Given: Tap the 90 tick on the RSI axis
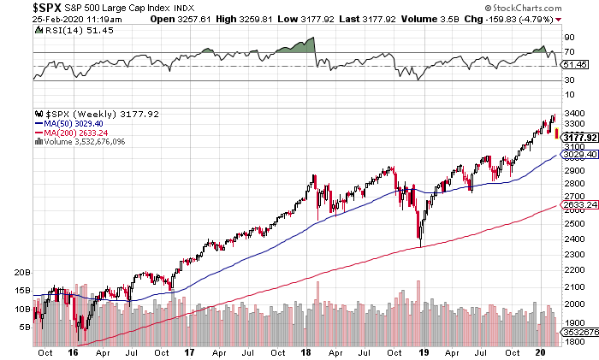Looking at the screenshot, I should (568, 37).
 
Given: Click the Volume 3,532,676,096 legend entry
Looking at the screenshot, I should (78, 141).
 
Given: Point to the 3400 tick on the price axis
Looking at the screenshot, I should (572, 113).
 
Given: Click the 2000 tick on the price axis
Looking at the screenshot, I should (572, 304).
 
